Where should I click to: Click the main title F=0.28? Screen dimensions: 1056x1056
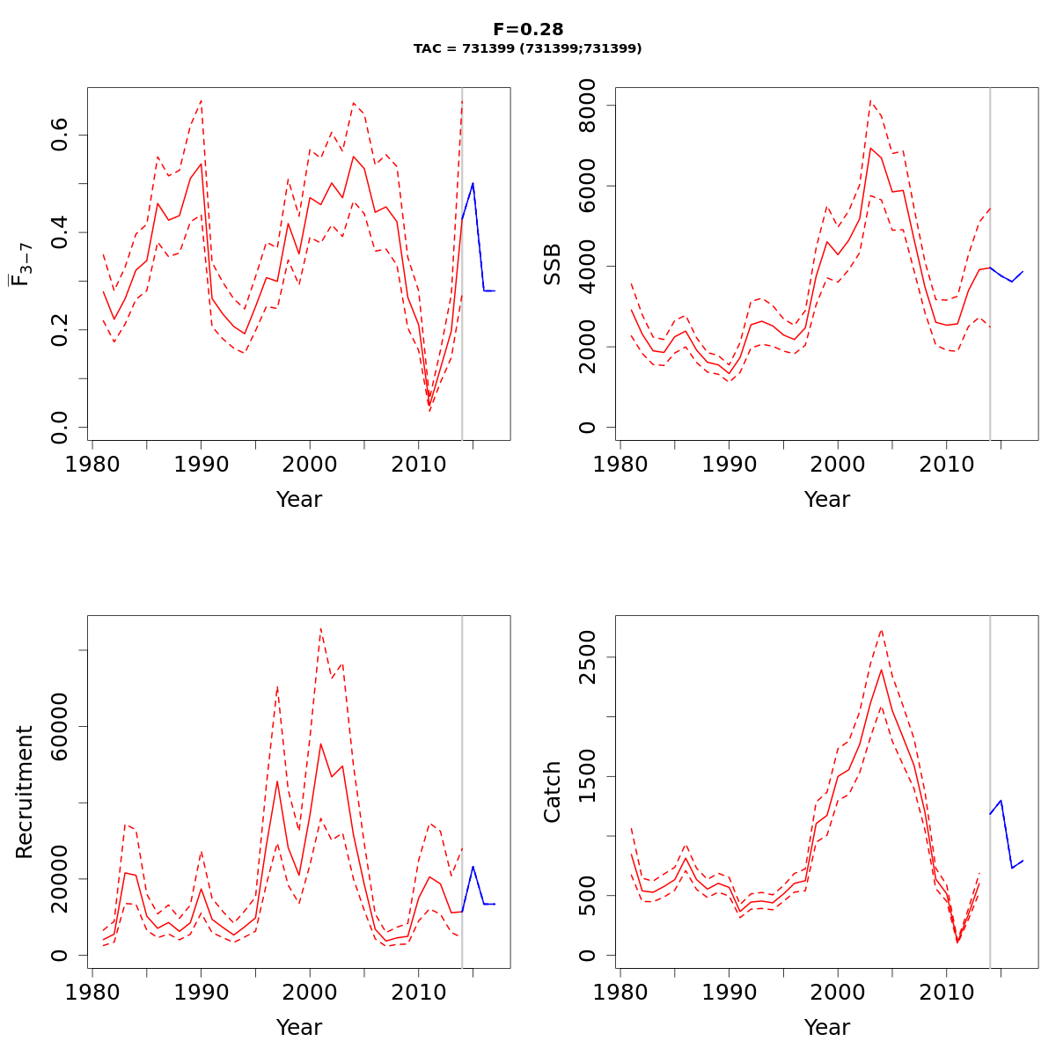(528, 30)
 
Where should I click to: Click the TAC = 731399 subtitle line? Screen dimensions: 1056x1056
(528, 49)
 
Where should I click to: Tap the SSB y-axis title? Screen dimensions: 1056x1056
(553, 263)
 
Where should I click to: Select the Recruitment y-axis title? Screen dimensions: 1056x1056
(25, 792)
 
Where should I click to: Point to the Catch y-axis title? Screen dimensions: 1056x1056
(553, 792)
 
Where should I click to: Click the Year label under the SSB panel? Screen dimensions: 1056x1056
(827, 500)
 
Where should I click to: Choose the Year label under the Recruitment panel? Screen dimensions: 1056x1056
(299, 1027)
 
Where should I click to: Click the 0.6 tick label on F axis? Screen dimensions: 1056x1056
(59, 136)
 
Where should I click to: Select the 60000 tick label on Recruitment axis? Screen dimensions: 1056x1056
(59, 726)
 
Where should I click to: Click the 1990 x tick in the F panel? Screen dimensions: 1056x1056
(201, 464)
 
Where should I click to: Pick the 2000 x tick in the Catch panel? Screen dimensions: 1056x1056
(838, 992)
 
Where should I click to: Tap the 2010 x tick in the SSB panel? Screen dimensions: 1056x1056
(946, 464)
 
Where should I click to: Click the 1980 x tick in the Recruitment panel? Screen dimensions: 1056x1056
(92, 992)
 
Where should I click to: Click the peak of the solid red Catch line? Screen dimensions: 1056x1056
(881, 670)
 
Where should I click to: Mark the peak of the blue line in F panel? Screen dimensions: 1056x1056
(473, 183)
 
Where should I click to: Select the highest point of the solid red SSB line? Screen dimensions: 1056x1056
(870, 147)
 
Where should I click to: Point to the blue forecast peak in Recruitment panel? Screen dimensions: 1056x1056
(473, 867)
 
